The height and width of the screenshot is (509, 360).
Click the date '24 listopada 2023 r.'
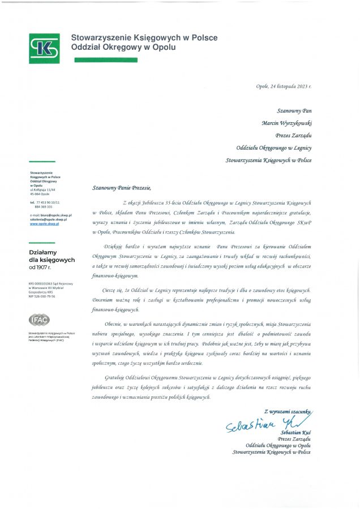[292, 86]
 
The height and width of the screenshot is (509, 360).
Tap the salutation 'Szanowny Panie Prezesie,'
[122, 187]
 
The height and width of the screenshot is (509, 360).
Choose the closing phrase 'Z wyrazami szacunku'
[287, 411]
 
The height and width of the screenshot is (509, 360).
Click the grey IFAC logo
[39, 320]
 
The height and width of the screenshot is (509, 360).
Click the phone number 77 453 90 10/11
[48, 202]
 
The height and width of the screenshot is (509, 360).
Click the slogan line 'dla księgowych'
[52, 260]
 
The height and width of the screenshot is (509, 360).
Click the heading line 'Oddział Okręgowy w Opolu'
[123, 48]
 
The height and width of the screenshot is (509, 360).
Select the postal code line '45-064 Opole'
[39, 194]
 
